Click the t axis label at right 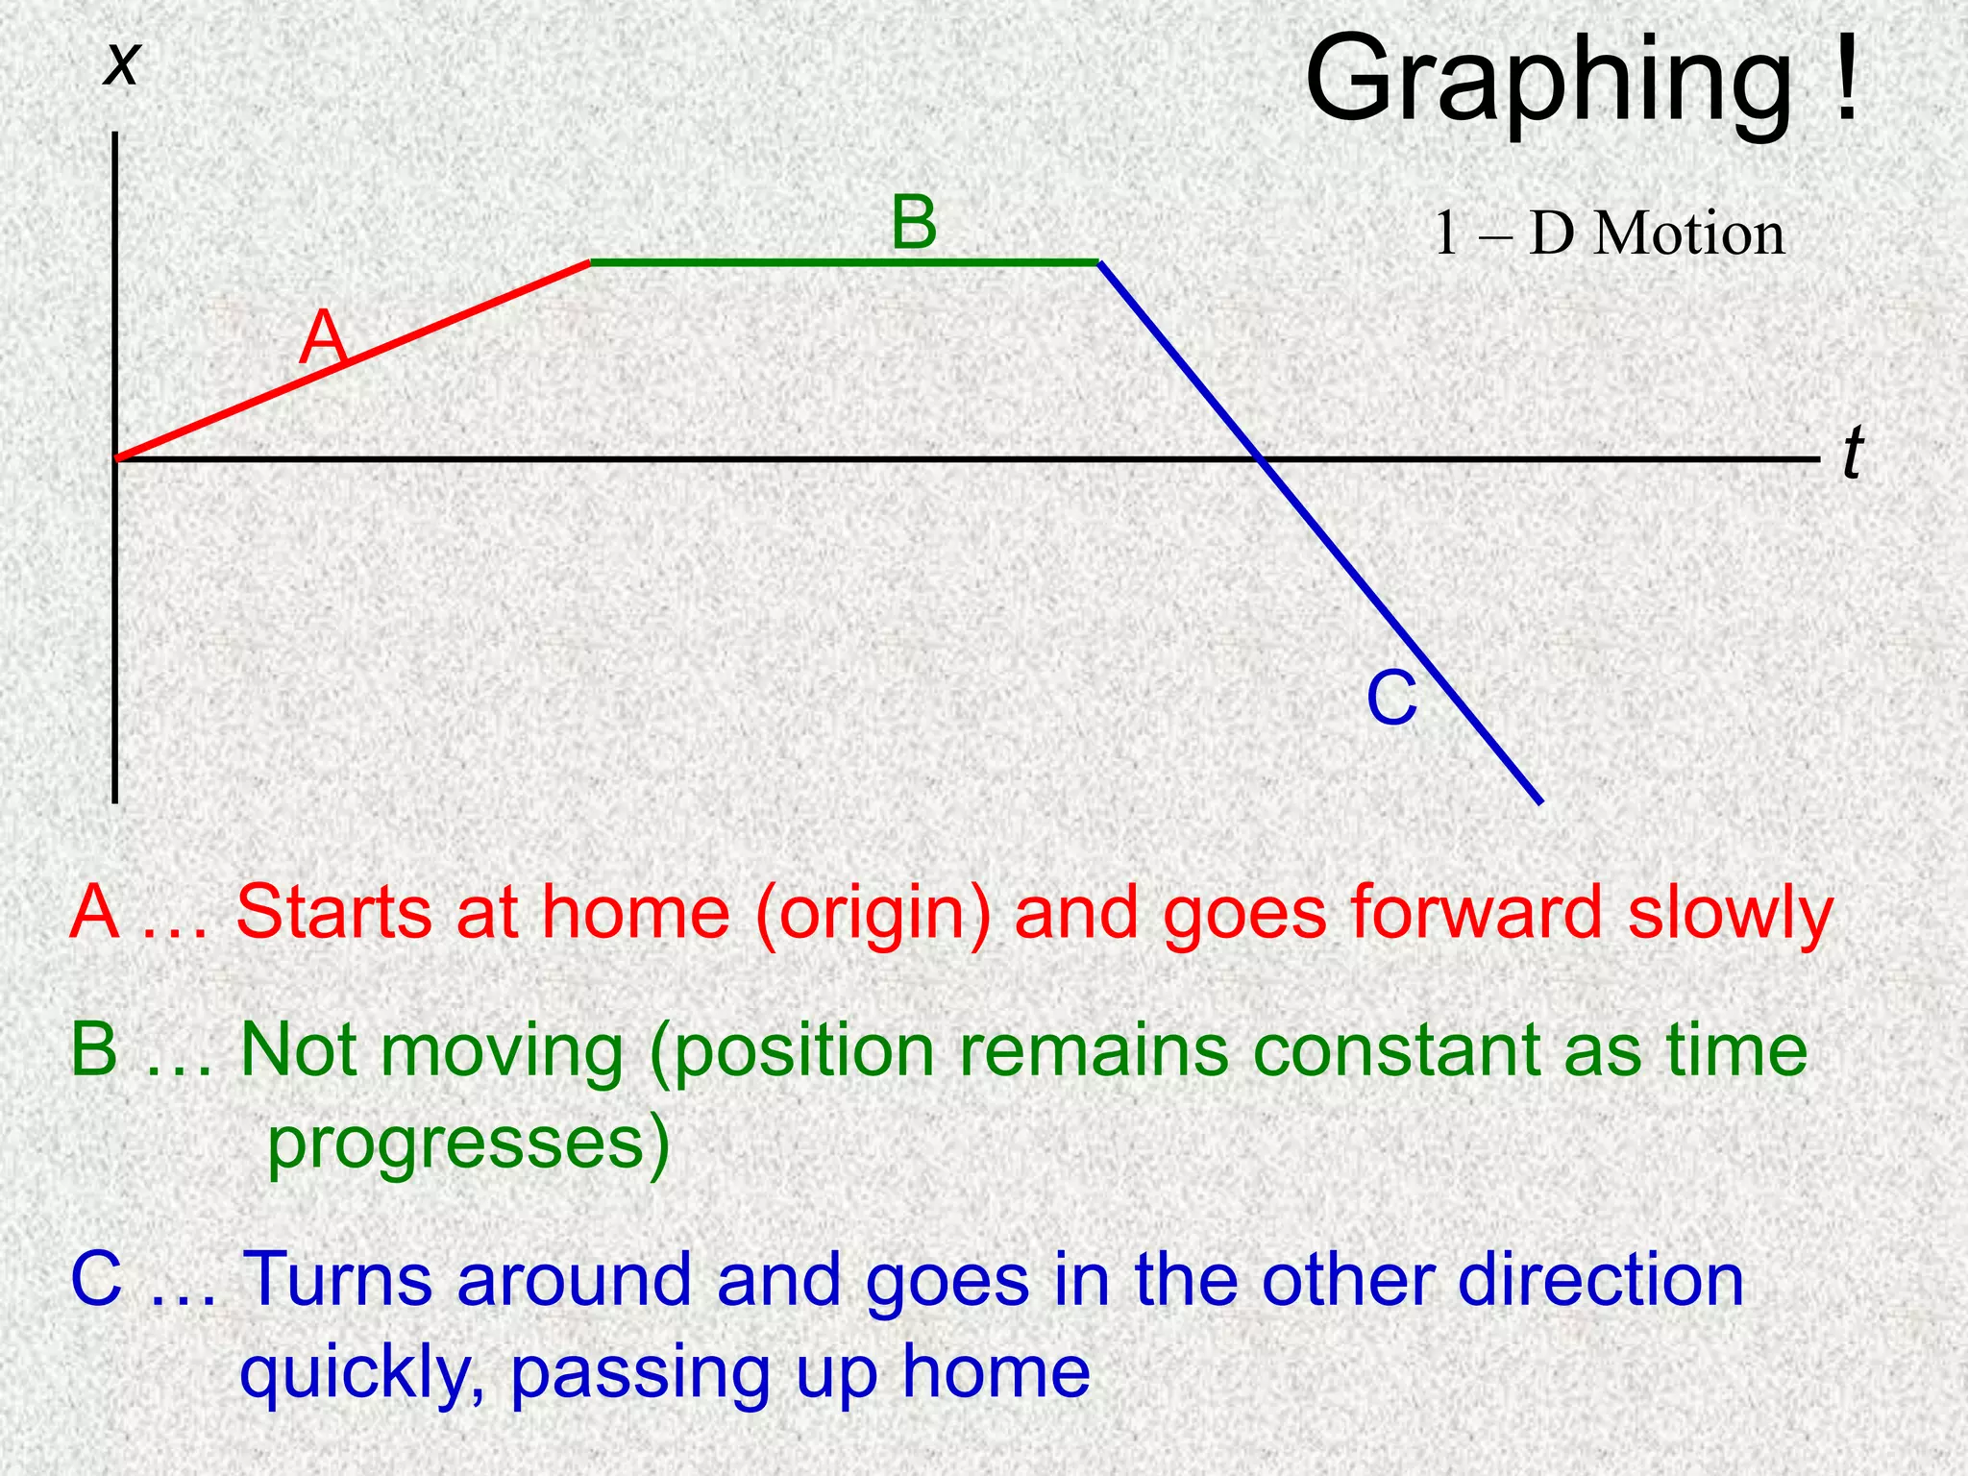[x=1853, y=454]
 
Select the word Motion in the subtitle [x=1688, y=234]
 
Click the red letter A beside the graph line [x=321, y=338]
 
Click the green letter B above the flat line [x=913, y=223]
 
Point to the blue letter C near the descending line [x=1391, y=700]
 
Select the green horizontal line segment [x=844, y=261]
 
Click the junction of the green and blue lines [x=1099, y=262]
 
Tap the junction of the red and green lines [x=590, y=261]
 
